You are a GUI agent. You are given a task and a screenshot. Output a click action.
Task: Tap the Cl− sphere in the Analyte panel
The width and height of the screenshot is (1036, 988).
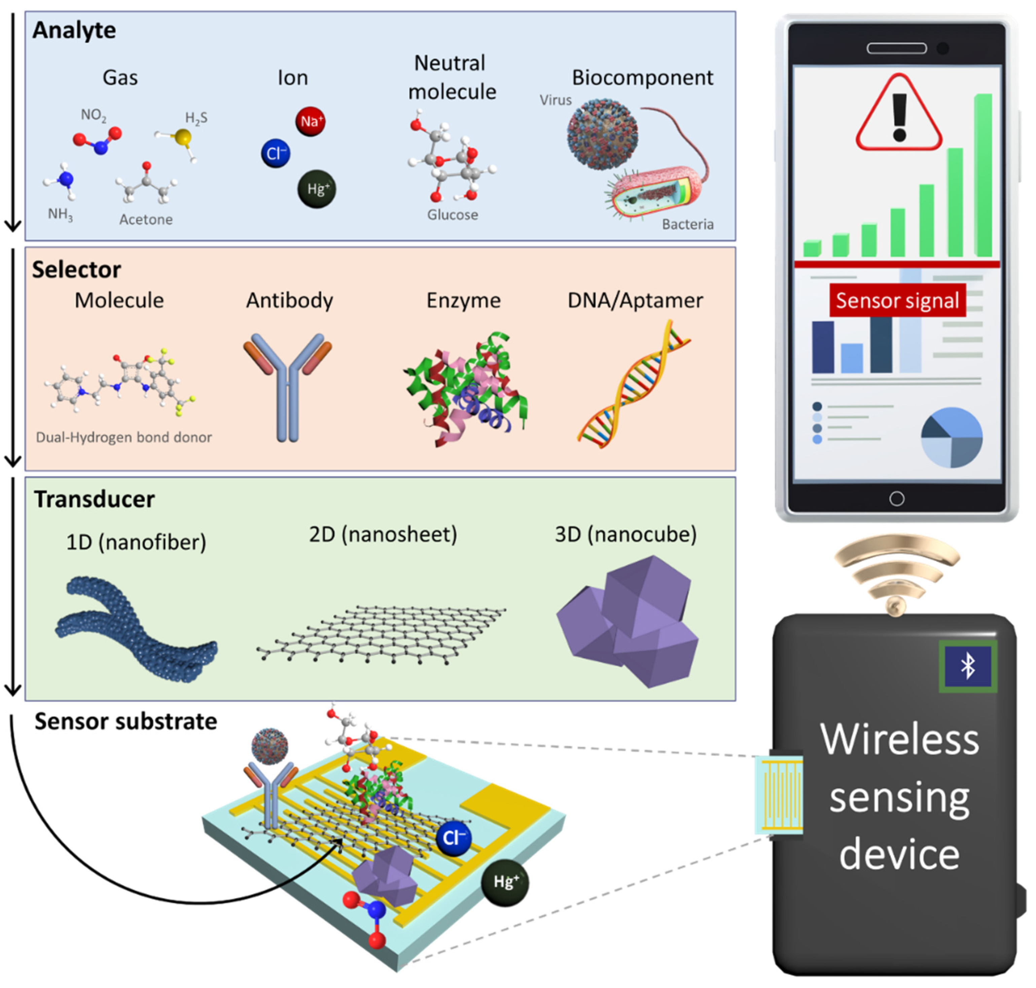coord(276,153)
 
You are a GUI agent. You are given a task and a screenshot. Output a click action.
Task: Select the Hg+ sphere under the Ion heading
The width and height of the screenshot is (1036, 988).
coord(317,189)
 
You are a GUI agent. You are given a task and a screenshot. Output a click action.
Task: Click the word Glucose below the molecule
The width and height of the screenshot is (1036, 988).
coord(453,215)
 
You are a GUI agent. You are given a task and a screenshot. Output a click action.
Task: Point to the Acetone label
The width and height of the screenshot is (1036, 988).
coord(146,220)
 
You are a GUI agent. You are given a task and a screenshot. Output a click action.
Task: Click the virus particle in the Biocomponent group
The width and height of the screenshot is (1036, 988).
coord(602,134)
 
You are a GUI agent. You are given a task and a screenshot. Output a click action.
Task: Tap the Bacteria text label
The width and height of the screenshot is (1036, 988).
coord(687,224)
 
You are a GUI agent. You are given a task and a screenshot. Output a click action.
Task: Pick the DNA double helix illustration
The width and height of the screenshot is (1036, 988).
coord(633,385)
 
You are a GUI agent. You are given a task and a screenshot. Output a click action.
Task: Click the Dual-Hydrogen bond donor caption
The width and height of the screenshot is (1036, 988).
coord(124,437)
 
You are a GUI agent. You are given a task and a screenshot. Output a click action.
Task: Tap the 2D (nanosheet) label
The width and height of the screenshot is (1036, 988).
coord(383,535)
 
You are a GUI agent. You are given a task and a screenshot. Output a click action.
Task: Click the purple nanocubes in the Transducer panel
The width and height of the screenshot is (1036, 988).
coord(630,621)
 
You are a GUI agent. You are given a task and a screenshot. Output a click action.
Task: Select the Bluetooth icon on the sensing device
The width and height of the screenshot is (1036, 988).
coord(968,666)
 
